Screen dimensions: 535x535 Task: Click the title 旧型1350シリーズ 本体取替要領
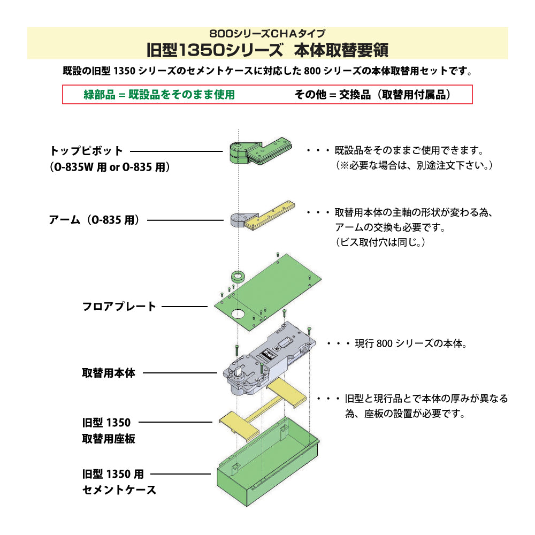267,50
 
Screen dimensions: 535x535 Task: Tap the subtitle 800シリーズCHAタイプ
267,33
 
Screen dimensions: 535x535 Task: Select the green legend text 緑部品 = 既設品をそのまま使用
159,95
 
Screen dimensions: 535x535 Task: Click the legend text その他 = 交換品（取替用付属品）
373,95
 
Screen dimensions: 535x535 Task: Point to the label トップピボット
86,151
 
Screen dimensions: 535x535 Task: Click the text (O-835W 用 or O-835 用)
110,167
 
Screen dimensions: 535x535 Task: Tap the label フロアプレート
119,307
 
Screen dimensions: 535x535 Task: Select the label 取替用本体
109,373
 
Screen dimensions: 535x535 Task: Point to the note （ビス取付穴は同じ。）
380,242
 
